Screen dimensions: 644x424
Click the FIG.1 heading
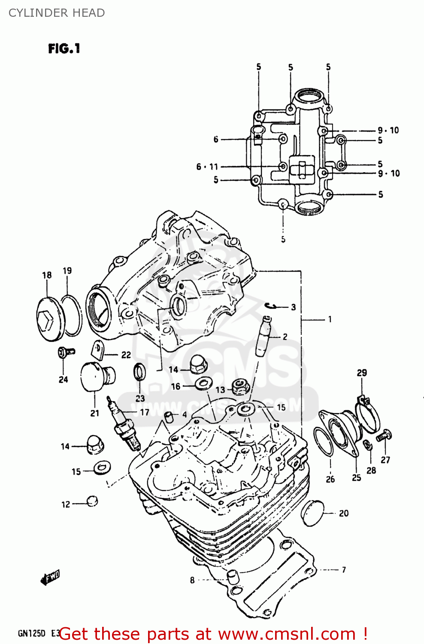coord(64,49)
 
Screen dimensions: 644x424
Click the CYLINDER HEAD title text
coord(57,13)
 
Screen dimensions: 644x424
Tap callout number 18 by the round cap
coord(47,275)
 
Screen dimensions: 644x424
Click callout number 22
coord(126,355)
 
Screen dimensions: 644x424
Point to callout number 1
coord(330,319)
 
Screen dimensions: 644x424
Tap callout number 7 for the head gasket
coord(344,570)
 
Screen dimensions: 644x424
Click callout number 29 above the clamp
coord(362,373)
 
